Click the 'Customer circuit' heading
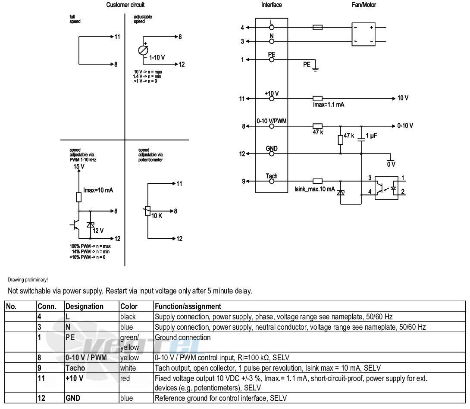(x=125, y=5)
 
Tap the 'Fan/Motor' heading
(x=364, y=5)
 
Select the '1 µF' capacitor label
(x=371, y=136)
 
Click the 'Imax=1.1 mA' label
(x=329, y=105)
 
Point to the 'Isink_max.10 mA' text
(x=315, y=189)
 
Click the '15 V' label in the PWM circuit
(x=79, y=166)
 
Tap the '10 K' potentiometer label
(x=157, y=216)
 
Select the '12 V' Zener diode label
(x=98, y=231)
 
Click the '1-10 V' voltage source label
(x=157, y=57)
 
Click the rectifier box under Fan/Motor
(x=363, y=34)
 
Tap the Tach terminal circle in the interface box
(x=272, y=181)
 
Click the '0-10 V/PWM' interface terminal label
(x=272, y=121)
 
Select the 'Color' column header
(x=129, y=306)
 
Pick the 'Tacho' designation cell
(x=75, y=368)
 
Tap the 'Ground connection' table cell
(x=182, y=337)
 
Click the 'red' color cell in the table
(x=125, y=378)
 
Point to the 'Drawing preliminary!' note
(x=28, y=280)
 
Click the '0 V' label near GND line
(x=391, y=164)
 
